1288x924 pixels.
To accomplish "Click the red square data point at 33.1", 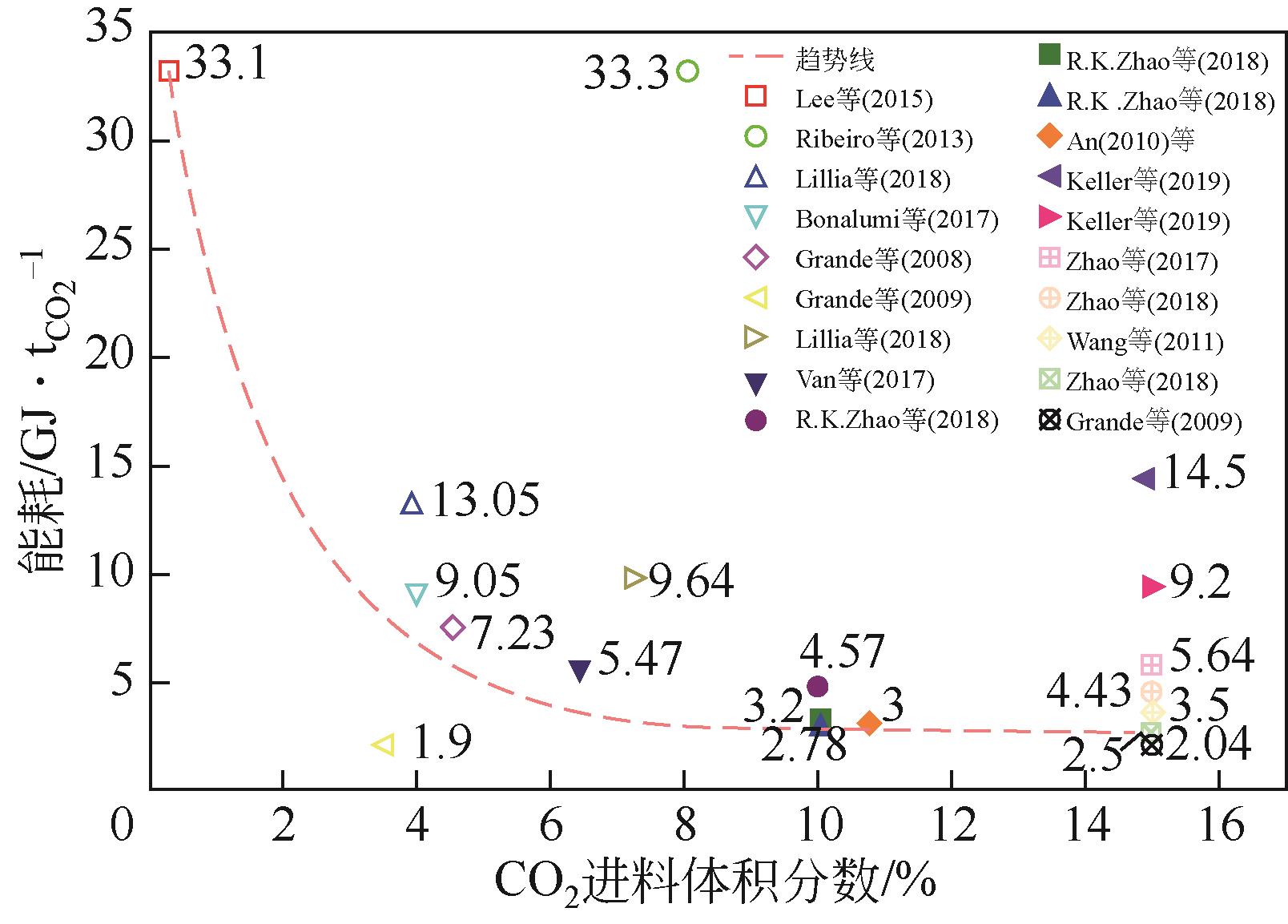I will pyautogui.click(x=168, y=71).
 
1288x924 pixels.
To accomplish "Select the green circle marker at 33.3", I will pyautogui.click(x=688, y=71).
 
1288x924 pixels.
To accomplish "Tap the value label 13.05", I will pyautogui.click(x=485, y=501).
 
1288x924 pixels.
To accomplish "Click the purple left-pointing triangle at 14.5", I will pyautogui.click(x=1143, y=478).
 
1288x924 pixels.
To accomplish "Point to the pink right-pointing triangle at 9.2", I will pyautogui.click(x=1153, y=587).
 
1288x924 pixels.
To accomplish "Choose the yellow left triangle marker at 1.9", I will pyautogui.click(x=384, y=744).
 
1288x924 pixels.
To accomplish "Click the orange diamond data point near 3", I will pyautogui.click(x=869, y=723).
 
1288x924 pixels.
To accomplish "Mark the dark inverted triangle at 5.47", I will pyautogui.click(x=579, y=671).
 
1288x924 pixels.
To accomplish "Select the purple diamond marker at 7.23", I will pyautogui.click(x=453, y=627).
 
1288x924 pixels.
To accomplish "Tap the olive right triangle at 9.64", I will pyautogui.click(x=635, y=578).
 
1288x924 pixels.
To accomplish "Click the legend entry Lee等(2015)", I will pyautogui.click(x=863, y=99).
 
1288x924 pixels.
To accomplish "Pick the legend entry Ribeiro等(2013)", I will pyautogui.click(x=883, y=139).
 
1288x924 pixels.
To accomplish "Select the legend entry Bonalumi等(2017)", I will pyautogui.click(x=896, y=219).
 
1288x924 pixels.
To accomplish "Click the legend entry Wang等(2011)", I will pyautogui.click(x=1145, y=342).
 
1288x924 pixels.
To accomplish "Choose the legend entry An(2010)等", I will pyautogui.click(x=1130, y=141).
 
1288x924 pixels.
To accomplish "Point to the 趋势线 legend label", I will pyautogui.click(x=835, y=59).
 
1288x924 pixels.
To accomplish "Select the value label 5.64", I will pyautogui.click(x=1212, y=656).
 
